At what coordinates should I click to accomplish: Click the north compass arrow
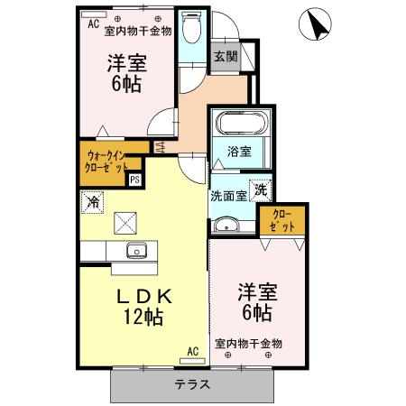click(316, 23)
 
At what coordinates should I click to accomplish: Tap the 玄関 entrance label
click(224, 56)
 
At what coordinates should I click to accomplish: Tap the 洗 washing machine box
click(260, 190)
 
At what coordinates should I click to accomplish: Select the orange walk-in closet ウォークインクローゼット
click(112, 162)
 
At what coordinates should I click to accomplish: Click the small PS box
click(134, 180)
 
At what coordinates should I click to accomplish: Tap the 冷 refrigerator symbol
click(91, 202)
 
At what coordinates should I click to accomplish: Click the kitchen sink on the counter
click(136, 251)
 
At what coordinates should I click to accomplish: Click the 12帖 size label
click(143, 317)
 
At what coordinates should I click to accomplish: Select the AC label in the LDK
click(191, 351)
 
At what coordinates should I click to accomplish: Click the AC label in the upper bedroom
click(93, 24)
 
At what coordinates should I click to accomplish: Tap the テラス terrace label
click(192, 383)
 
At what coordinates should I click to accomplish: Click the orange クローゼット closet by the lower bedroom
click(281, 220)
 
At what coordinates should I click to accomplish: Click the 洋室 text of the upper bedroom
click(130, 64)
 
